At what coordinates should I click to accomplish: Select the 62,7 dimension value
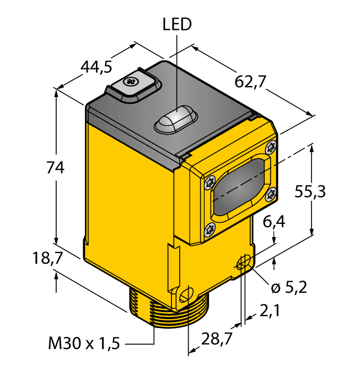point(250,81)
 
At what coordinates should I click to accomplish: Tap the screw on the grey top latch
point(131,83)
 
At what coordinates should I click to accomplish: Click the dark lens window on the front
point(240,186)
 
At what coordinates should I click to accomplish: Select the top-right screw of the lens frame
point(270,147)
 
